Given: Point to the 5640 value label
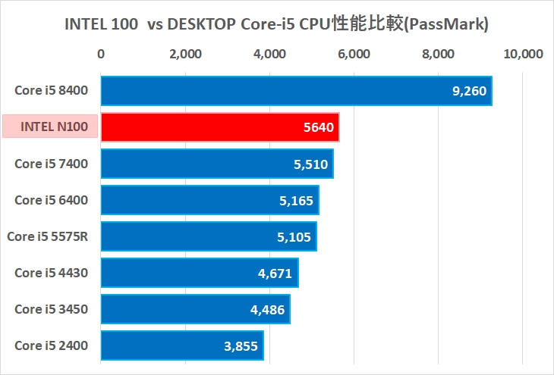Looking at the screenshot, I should (318, 127).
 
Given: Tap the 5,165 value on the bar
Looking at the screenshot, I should (296, 200).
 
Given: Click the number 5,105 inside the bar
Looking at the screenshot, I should (294, 236).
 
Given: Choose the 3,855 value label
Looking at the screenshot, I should (242, 345).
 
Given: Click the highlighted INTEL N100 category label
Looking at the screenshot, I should (51, 127).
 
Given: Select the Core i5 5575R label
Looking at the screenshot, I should (48, 236).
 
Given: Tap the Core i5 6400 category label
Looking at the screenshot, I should (52, 200).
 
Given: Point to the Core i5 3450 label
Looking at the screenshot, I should (52, 309).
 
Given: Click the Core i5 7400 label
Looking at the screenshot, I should (52, 164).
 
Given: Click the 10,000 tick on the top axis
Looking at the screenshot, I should (523, 54).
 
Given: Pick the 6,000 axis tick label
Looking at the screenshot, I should (354, 54).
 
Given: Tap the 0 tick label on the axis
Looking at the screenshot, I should (101, 54).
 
